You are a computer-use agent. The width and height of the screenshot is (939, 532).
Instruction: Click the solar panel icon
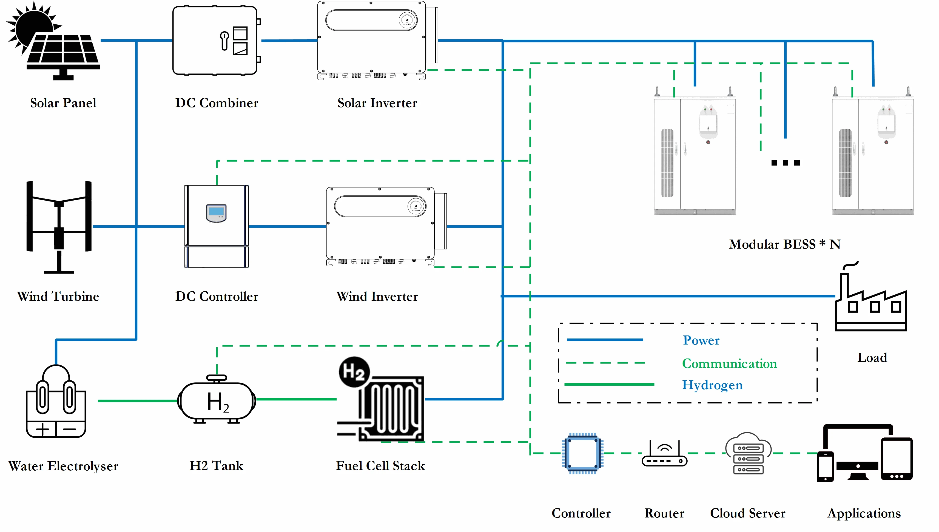coord(55,42)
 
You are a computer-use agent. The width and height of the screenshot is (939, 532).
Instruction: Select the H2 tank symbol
coord(217,401)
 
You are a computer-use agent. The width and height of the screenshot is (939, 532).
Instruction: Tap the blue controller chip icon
coord(582,453)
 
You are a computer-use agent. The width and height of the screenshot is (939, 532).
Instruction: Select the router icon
coord(664,455)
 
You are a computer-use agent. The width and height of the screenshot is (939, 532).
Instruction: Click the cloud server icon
coord(748,453)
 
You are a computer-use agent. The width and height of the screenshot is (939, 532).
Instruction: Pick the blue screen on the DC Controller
coord(216,212)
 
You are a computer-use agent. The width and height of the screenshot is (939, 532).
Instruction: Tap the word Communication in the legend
coord(729,363)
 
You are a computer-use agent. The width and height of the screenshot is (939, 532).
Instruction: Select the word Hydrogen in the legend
coord(712,385)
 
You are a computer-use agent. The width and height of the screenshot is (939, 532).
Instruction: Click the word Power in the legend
coord(701,340)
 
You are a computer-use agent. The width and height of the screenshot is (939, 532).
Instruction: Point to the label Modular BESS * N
coord(784,244)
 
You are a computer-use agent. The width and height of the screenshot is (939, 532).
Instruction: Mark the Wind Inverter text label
coord(377,296)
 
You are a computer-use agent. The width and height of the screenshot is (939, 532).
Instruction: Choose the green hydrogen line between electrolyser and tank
coord(137,401)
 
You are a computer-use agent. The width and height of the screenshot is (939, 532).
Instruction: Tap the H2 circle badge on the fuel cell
coord(354,372)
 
